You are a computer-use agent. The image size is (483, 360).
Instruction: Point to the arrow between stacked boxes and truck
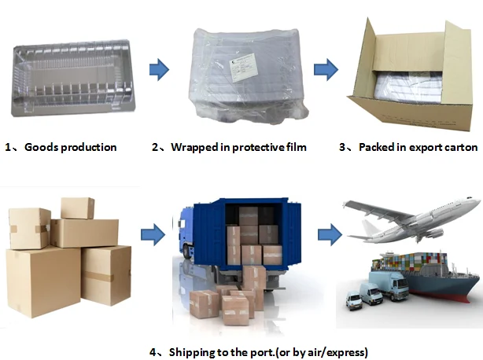[153, 234]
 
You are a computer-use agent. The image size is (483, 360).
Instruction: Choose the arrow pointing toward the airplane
[328, 234]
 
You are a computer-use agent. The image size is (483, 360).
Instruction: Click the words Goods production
[71, 147]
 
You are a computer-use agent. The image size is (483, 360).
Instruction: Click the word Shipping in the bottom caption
[190, 351]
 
